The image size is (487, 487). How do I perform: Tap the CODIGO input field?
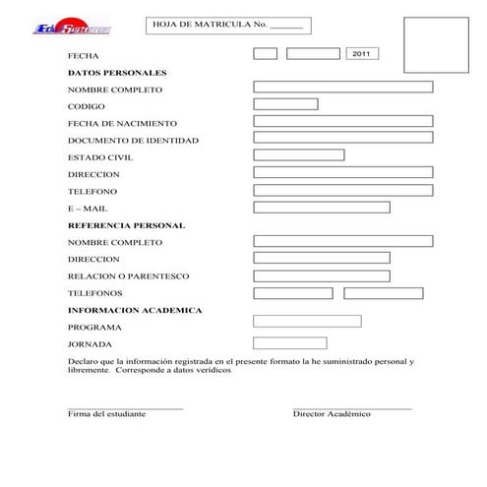click(285, 104)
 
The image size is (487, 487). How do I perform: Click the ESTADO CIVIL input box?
click(299, 155)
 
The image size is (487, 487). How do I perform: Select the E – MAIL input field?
click(322, 207)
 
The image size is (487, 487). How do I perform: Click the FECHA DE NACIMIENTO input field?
click(342, 122)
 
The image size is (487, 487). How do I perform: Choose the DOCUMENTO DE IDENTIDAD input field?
click(342, 139)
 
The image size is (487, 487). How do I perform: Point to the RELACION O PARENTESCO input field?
click(322, 275)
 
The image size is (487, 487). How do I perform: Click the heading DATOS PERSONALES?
click(117, 73)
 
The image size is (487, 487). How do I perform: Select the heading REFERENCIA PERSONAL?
click(126, 225)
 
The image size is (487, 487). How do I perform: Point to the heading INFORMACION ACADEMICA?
click(135, 310)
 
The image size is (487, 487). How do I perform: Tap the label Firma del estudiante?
click(106, 414)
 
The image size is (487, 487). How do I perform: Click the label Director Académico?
click(332, 414)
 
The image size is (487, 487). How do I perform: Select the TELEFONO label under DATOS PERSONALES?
click(92, 191)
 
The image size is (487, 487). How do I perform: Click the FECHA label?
click(83, 56)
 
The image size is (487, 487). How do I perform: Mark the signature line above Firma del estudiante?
click(125, 407)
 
